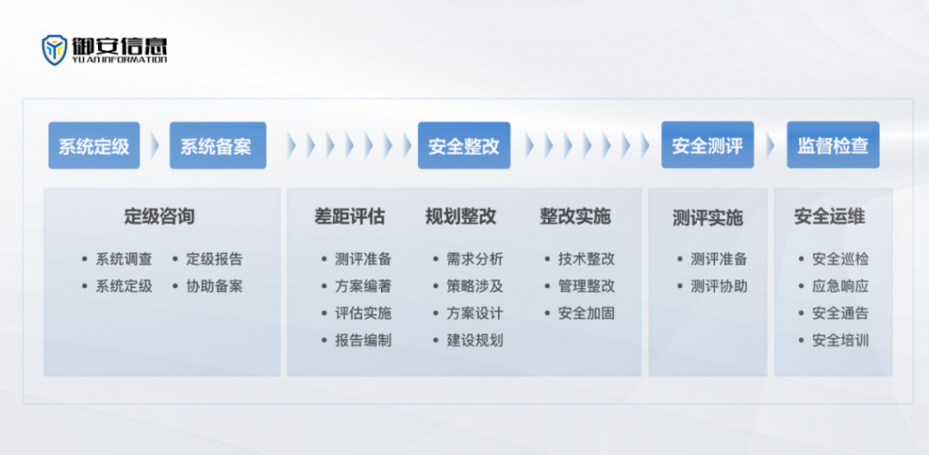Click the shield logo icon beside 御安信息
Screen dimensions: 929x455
pyautogui.click(x=54, y=50)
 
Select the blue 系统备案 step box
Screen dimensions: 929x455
pyautogui.click(x=218, y=146)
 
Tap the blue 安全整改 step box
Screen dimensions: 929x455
pyautogui.click(x=464, y=146)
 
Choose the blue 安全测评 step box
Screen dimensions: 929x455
pyautogui.click(x=708, y=145)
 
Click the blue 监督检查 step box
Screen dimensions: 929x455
pyautogui.click(x=833, y=145)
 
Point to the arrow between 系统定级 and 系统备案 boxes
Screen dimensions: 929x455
pyautogui.click(x=154, y=146)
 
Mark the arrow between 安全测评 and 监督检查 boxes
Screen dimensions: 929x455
pyautogui.click(x=770, y=146)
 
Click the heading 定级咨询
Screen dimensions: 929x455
pyautogui.click(x=160, y=217)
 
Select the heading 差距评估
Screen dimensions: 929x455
pyautogui.click(x=349, y=217)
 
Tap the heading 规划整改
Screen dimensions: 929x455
pyautogui.click(x=461, y=217)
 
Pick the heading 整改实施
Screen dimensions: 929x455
pyautogui.click(x=574, y=217)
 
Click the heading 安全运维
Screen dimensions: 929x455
pyautogui.click(x=829, y=217)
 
